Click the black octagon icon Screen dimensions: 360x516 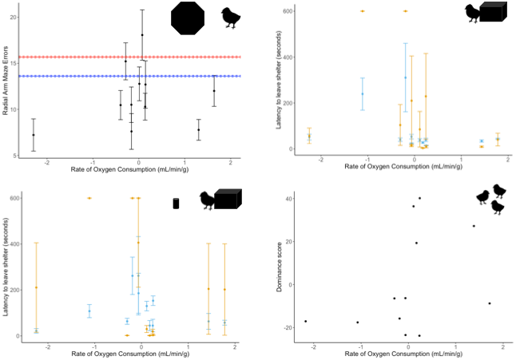[x=189, y=18]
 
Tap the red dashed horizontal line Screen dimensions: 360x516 [x=80, y=57]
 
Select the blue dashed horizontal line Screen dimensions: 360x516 [x=80, y=77]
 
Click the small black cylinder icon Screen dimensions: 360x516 [x=177, y=204]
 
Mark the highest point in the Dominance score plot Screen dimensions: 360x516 [x=419, y=198]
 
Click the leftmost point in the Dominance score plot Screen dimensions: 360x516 [x=305, y=321]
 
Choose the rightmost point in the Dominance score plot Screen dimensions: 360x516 [x=489, y=303]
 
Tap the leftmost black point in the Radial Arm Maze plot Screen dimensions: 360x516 [x=34, y=135]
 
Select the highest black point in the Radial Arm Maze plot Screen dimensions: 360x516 [x=142, y=35]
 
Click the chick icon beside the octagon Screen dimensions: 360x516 [x=232, y=18]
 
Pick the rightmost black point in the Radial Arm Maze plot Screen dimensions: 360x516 [x=214, y=91]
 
